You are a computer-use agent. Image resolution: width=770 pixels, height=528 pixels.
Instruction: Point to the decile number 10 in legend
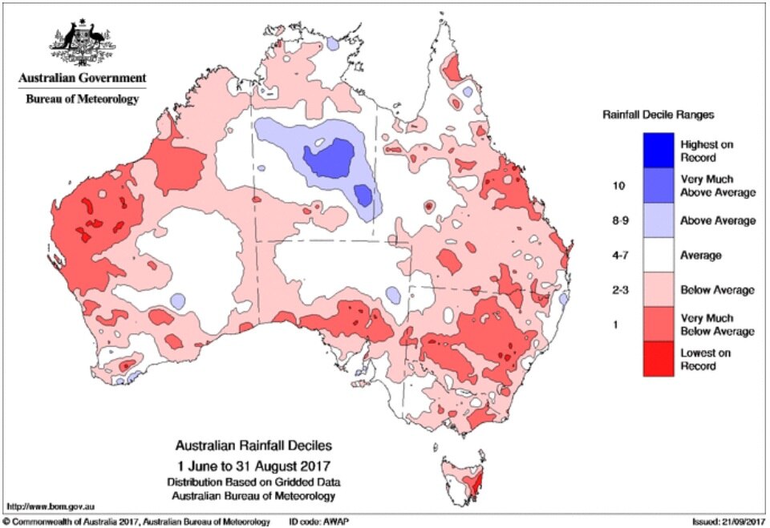click(618, 186)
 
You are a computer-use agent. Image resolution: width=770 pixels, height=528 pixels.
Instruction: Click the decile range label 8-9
click(619, 220)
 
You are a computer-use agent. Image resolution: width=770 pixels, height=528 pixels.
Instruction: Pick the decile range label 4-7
click(619, 256)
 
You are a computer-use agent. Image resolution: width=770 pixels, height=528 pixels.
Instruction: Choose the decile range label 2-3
click(619, 289)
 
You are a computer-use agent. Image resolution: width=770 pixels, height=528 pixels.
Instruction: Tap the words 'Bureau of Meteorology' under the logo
click(82, 99)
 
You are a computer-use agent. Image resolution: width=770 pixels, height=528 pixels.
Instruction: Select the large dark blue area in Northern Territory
click(331, 157)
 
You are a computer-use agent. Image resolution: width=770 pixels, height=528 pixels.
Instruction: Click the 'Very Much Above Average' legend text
click(718, 186)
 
